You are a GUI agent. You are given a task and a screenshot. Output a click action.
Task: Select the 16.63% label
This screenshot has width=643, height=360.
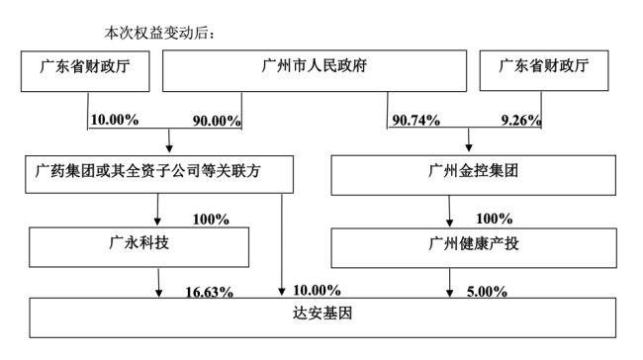(x=210, y=292)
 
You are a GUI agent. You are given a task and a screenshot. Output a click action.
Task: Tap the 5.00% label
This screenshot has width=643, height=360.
(x=487, y=292)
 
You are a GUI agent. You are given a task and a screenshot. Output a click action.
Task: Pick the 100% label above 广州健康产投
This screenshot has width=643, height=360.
(x=492, y=218)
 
